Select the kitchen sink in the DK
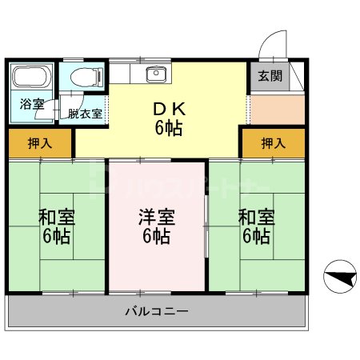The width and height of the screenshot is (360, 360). click(x=154, y=75)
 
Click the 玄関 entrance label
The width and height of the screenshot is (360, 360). click(x=270, y=77)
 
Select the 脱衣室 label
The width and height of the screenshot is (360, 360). click(x=86, y=114)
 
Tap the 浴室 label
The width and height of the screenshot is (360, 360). click(x=32, y=104)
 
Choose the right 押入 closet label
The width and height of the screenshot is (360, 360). click(x=274, y=143)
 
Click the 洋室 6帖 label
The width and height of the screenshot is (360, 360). click(x=156, y=226)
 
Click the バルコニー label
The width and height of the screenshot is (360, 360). click(x=156, y=310)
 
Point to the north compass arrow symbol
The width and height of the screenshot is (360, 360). click(x=341, y=277)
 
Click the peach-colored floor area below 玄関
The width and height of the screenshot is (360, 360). click(x=276, y=108)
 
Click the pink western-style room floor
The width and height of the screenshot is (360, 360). click(x=156, y=264)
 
